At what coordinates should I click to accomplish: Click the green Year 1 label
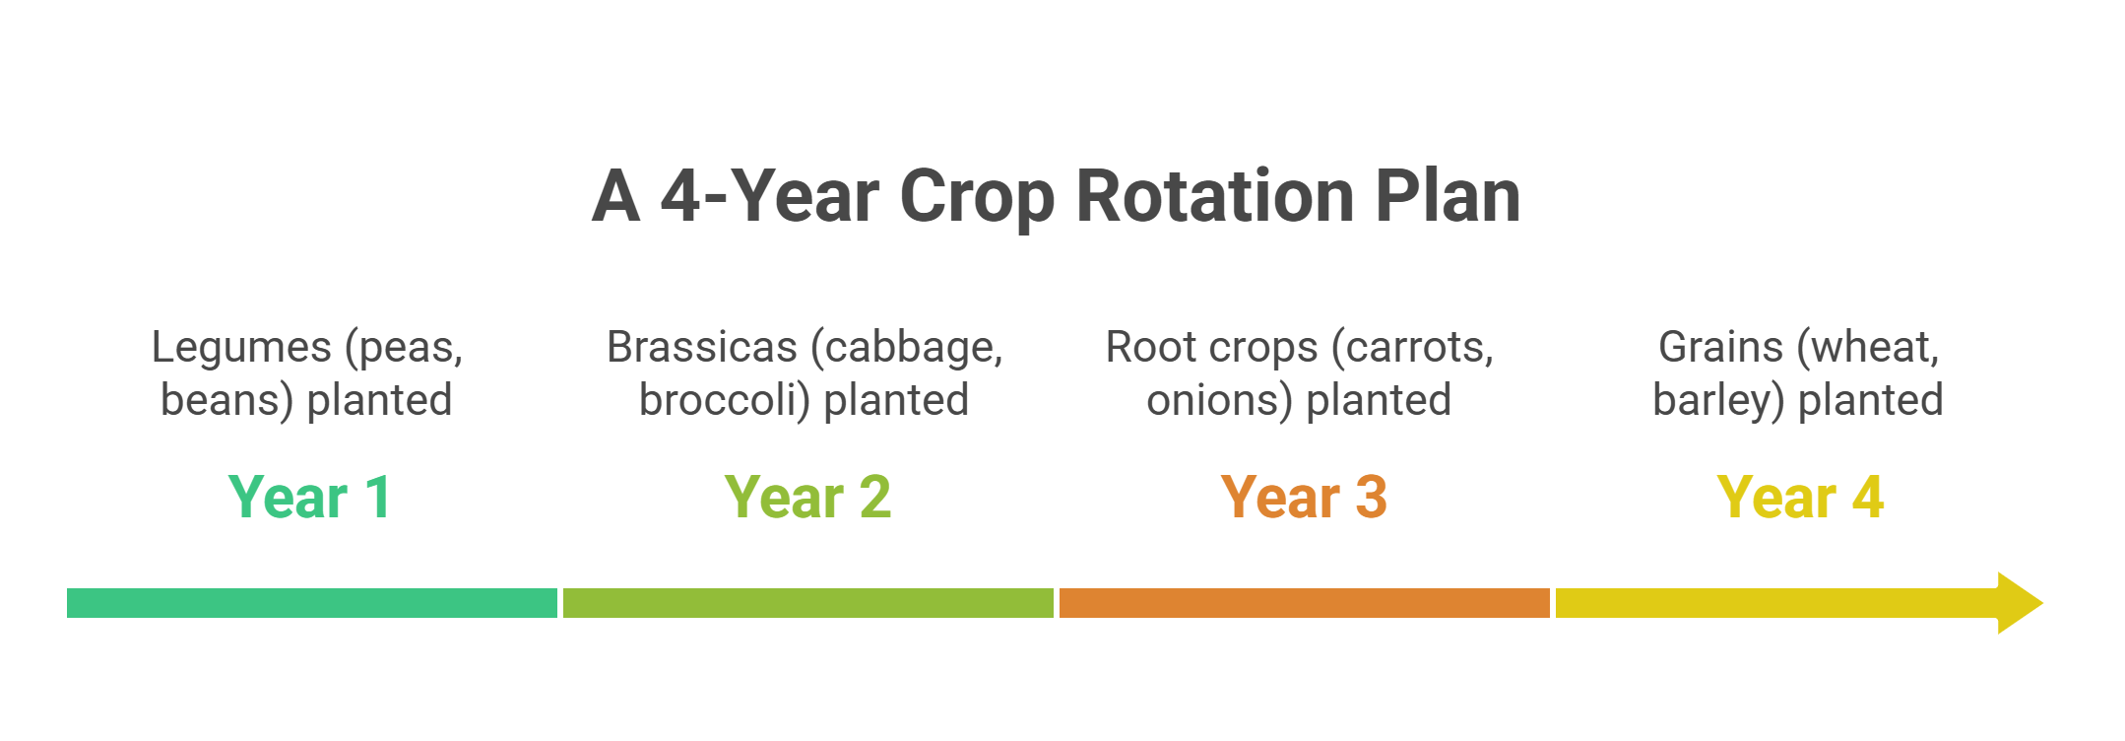click(x=310, y=497)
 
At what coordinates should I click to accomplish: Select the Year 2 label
click(x=807, y=497)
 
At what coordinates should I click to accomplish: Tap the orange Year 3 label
click(x=1304, y=497)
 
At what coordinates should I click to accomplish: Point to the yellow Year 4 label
click(x=1800, y=497)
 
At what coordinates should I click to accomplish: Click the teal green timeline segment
click(x=312, y=603)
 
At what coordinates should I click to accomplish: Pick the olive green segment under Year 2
click(x=808, y=603)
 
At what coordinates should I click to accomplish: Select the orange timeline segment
click(x=1305, y=603)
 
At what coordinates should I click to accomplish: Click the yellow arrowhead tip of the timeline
click(x=2043, y=603)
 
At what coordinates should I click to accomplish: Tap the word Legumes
click(x=241, y=348)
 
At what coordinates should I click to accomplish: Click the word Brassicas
click(x=702, y=347)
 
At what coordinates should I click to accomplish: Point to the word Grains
click(x=1721, y=347)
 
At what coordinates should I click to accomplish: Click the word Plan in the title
click(x=1448, y=196)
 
